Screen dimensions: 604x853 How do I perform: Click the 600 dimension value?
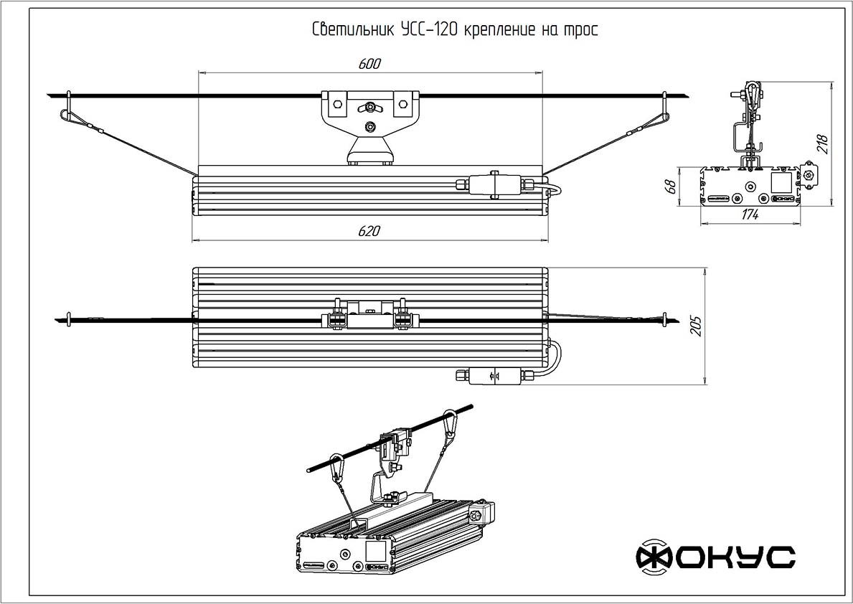tap(369, 64)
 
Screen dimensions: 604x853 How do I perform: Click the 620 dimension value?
tap(369, 231)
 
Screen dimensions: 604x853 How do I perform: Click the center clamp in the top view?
tap(369, 313)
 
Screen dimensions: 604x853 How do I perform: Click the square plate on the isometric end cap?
tap(374, 551)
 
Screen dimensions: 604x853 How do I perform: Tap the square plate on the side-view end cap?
tap(780, 181)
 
